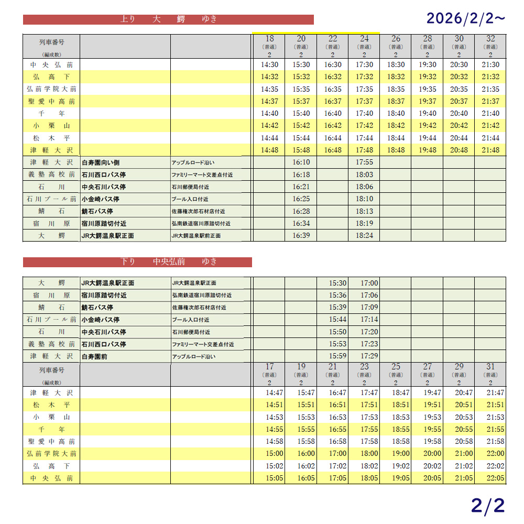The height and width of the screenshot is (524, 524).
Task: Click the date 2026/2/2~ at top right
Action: (466, 19)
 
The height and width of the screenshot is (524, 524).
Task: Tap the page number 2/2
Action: (487, 505)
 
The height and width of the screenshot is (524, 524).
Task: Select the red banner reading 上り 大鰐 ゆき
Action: (168, 19)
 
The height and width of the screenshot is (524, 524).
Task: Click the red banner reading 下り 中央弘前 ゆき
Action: (137, 262)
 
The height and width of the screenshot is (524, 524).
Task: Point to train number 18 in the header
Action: (269, 39)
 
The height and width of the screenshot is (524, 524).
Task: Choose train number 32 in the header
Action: (490, 39)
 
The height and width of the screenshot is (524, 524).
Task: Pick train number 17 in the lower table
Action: (269, 367)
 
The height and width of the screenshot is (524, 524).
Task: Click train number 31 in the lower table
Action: (490, 367)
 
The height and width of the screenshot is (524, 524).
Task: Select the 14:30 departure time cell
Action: (269, 65)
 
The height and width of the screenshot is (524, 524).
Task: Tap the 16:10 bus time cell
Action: (301, 162)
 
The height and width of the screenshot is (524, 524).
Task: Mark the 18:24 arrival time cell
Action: (364, 236)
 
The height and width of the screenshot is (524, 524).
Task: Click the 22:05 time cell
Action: (495, 478)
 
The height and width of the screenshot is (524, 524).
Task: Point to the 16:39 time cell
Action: (301, 236)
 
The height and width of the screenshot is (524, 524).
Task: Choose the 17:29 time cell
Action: (369, 356)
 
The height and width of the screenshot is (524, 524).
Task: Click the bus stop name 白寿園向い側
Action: (101, 162)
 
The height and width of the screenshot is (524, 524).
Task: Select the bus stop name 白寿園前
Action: (97, 356)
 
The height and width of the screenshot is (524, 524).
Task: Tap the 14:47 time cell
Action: (274, 392)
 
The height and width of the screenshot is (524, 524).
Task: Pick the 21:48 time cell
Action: (490, 150)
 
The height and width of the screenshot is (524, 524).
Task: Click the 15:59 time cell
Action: (337, 356)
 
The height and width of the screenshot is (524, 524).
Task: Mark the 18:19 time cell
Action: (364, 223)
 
